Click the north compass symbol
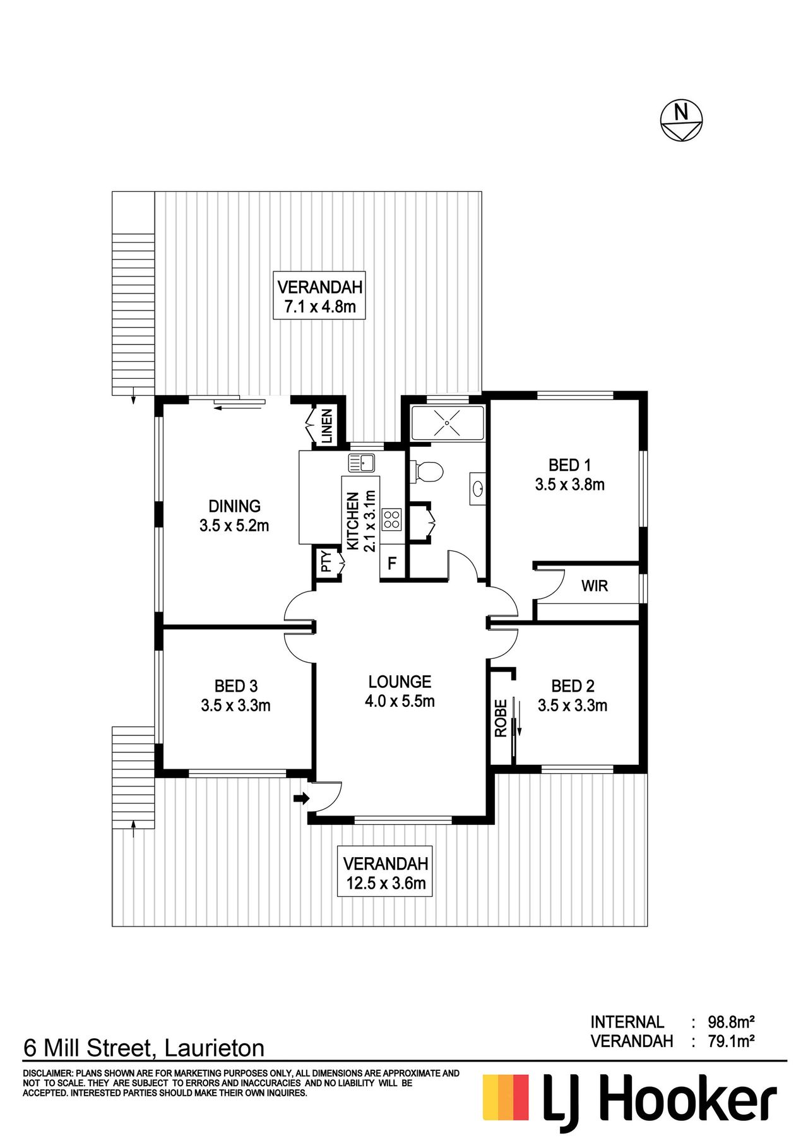pos(681,120)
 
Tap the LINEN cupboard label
pos(327,426)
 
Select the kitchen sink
pos(362,463)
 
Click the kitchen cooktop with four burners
pos(391,519)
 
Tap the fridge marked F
pos(392,562)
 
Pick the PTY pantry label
pos(326,562)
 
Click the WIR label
pos(595,586)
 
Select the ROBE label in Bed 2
pos(501,718)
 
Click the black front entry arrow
pos(302,798)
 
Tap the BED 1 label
pos(570,465)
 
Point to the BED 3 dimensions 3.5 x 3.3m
pos(236,705)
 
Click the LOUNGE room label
pos(400,682)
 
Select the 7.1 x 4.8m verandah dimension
pos(320,307)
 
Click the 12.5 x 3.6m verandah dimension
pos(386,883)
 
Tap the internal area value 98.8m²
pos(732,1022)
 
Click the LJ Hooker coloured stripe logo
pos(506,1098)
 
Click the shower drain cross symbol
pos(448,423)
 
